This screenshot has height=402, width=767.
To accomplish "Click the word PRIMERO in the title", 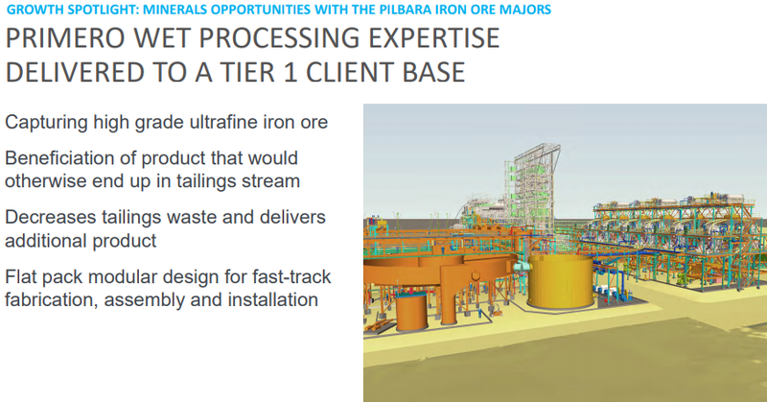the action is (64, 38).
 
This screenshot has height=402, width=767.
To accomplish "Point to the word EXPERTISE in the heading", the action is (433, 38).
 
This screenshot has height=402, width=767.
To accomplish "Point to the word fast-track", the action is (291, 276).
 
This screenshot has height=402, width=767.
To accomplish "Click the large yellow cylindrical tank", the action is (561, 281).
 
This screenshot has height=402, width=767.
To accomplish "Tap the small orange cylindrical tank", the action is (412, 312).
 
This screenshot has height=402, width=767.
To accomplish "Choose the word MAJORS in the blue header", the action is (531, 10).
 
